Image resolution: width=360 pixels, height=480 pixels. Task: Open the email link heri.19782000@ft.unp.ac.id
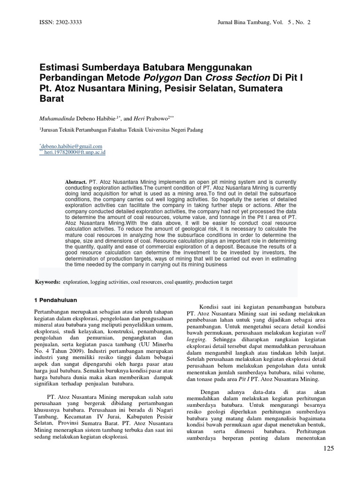tap(75, 152)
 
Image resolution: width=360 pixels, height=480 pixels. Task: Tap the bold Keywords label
tap(48, 282)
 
